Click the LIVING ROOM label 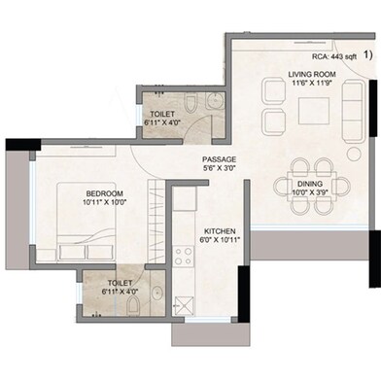(312, 74)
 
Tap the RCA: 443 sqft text (334, 56)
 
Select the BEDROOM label (104, 193)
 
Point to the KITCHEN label (220, 231)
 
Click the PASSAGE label (219, 159)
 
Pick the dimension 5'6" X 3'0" (219, 168)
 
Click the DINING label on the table (310, 184)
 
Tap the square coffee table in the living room (314, 111)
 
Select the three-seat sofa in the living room (353, 111)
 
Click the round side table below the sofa (355, 154)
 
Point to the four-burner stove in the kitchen (183, 256)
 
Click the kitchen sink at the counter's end (184, 305)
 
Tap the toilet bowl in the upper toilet (190, 103)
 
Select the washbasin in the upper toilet (215, 100)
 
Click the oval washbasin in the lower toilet (157, 294)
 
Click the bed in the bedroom (87, 222)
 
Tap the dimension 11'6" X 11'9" (312, 83)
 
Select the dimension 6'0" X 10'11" (220, 240)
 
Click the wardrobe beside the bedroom (156, 221)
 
